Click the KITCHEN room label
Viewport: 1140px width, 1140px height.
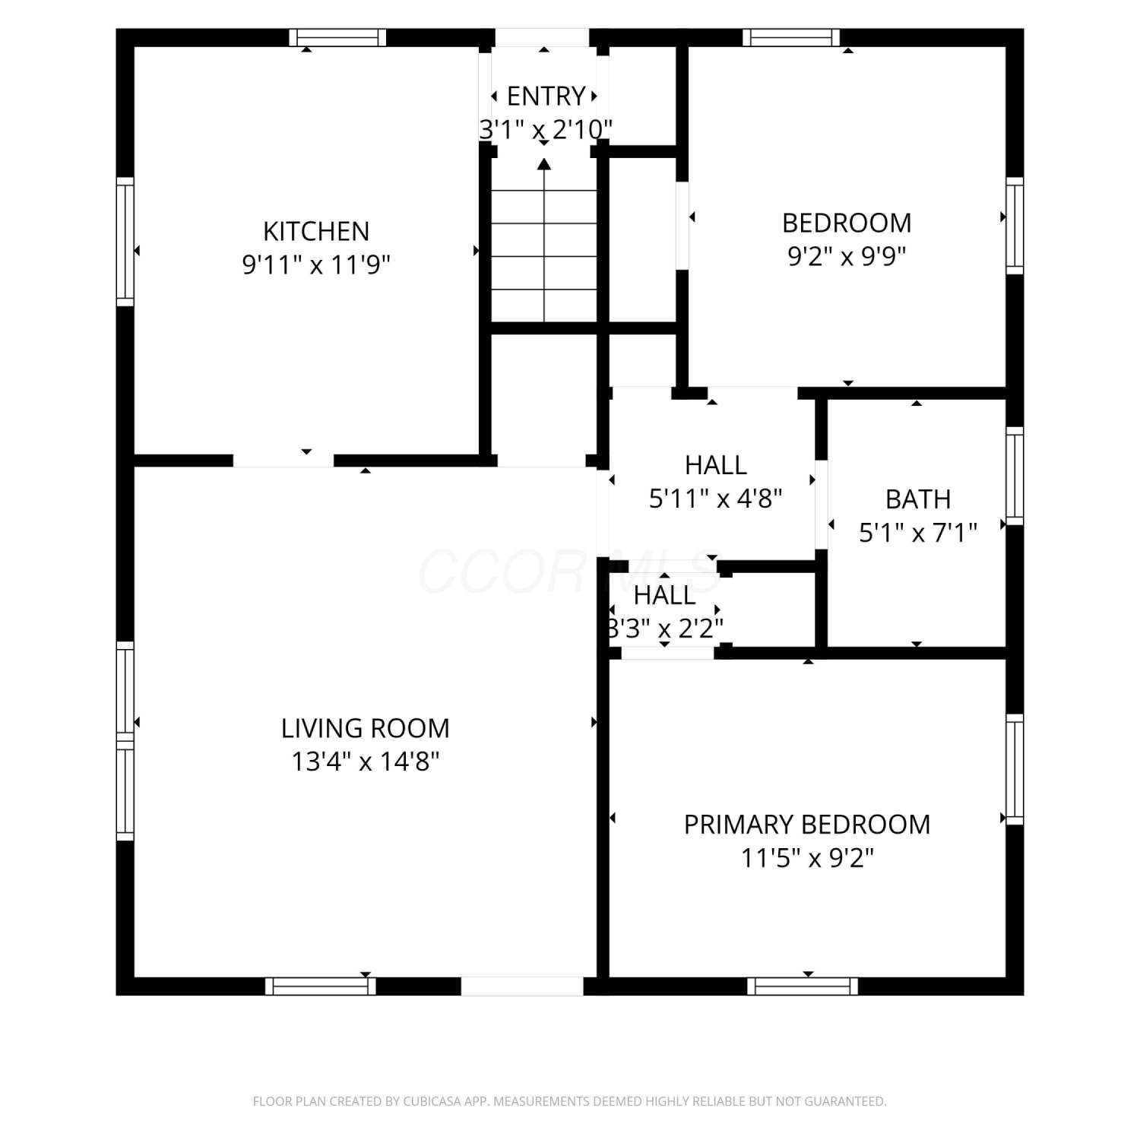(x=316, y=231)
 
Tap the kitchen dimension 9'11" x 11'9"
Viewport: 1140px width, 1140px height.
(x=316, y=264)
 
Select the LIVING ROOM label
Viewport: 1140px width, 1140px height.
(x=366, y=728)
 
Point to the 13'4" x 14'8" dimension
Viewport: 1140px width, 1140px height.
(x=366, y=762)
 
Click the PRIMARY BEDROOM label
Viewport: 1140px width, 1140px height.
(x=807, y=825)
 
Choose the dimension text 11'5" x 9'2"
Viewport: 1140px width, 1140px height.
(x=807, y=858)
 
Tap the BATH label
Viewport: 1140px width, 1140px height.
(x=918, y=499)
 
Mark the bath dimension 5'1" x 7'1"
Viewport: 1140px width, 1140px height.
(x=918, y=533)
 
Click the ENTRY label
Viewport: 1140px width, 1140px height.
(x=546, y=97)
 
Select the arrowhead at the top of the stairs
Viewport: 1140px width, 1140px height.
(x=544, y=163)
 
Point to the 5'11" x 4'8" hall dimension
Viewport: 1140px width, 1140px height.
(x=716, y=499)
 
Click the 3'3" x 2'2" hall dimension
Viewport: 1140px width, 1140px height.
(x=665, y=629)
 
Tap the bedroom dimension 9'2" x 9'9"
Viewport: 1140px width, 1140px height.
(x=847, y=256)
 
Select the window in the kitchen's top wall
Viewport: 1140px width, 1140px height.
(x=337, y=38)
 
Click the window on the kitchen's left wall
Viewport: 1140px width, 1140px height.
(x=125, y=242)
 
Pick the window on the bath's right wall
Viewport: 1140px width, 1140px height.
(x=1015, y=476)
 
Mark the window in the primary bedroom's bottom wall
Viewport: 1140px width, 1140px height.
(x=803, y=986)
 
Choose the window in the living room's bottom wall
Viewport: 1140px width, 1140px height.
(x=321, y=986)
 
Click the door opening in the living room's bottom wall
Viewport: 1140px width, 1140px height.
(x=522, y=986)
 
